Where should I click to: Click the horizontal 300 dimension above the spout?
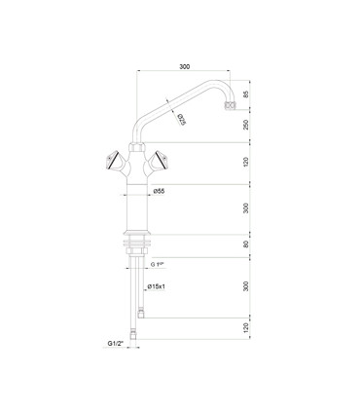185,67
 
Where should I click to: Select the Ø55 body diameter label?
159,192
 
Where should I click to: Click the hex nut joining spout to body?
136,146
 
